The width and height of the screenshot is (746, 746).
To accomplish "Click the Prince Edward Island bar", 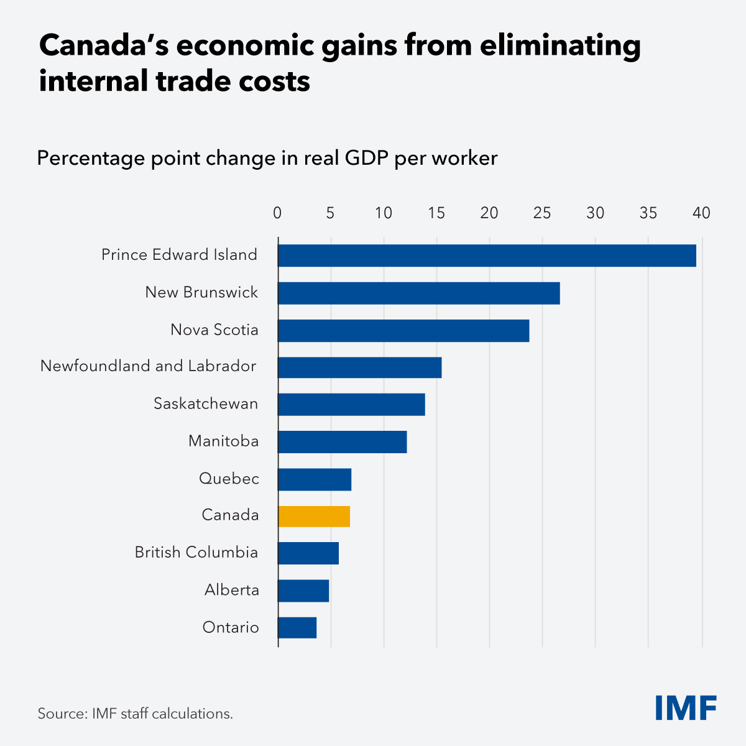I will (487, 256).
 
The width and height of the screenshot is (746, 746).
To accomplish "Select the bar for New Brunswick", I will (418, 293).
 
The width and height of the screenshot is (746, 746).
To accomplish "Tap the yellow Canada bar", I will (314, 516).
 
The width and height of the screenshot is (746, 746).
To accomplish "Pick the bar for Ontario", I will (297, 627).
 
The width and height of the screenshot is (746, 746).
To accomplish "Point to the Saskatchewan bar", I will (351, 404).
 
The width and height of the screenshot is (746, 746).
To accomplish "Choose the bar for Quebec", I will (315, 479).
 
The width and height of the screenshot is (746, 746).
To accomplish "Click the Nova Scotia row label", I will (214, 329).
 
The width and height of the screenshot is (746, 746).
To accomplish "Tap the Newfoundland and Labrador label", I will (148, 366).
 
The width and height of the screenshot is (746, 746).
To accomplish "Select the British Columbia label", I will (196, 552).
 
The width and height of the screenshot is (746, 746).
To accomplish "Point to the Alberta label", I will (232, 589).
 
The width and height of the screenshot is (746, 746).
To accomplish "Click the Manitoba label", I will (223, 441).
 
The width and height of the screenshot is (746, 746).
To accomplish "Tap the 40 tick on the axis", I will (701, 213).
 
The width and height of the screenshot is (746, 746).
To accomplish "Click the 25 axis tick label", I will (542, 213).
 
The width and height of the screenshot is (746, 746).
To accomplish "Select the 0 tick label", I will (277, 213).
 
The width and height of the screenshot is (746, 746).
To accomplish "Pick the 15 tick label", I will (436, 213).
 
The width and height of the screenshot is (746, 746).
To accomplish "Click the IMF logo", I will (686, 707).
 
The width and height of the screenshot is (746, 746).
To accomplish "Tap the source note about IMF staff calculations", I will (135, 714).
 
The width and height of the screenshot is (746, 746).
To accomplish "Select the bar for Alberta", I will (303, 591).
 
